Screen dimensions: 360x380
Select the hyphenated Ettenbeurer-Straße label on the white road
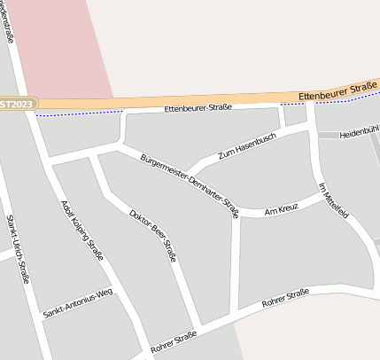[x=198, y=107]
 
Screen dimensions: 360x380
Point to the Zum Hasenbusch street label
[x=247, y=147]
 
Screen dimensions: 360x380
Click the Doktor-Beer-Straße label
[x=152, y=235]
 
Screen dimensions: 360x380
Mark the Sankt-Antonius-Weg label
[x=77, y=303]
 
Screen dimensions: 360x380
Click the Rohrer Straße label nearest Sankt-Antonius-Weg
[x=173, y=340]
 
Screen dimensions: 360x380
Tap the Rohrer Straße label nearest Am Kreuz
[x=284, y=298]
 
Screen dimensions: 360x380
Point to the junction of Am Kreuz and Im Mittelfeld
[x=317, y=198]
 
